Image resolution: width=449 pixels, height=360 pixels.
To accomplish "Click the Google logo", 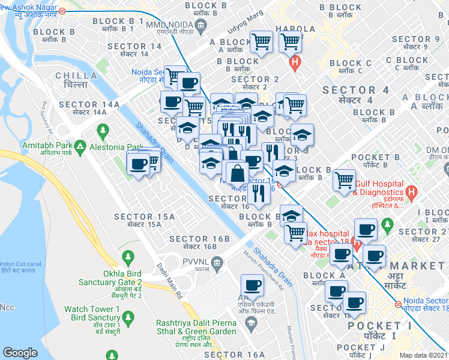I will [20, 353].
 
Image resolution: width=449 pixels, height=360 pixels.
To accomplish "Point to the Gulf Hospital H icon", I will [411, 193].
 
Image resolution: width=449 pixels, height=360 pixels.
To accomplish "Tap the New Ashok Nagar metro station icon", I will [62, 10].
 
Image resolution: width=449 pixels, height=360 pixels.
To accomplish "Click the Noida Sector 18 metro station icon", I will [398, 305].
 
